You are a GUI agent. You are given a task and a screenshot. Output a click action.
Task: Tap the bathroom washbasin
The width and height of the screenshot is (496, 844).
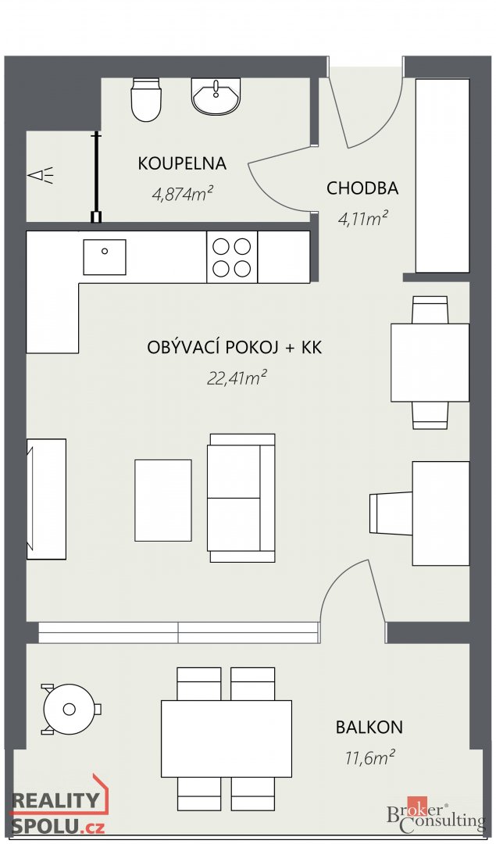click(216, 97)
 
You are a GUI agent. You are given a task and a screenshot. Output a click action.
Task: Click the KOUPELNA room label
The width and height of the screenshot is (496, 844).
click(182, 163)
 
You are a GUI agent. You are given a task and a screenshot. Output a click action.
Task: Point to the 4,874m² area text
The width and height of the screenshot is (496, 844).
click(183, 193)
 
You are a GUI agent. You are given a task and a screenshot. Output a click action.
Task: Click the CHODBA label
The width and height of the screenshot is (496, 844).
click(362, 188)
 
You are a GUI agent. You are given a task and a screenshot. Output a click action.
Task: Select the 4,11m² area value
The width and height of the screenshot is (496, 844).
click(363, 219)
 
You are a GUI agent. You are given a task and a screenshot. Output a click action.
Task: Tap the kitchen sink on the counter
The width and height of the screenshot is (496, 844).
click(104, 257)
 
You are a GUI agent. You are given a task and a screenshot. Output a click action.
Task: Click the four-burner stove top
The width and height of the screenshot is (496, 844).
click(232, 257)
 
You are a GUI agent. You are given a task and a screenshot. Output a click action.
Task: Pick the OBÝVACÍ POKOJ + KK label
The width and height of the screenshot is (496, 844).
click(234, 348)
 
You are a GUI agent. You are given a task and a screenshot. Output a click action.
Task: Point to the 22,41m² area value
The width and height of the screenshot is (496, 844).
click(237, 378)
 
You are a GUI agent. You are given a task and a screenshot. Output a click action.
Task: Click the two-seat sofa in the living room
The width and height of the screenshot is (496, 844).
click(241, 498)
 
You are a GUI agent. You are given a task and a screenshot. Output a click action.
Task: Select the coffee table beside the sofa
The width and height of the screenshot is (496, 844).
click(162, 500)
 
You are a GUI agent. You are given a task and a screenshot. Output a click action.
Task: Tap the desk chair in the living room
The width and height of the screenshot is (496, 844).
click(391, 513)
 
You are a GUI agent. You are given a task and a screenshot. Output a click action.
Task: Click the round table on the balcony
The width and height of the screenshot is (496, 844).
click(70, 709)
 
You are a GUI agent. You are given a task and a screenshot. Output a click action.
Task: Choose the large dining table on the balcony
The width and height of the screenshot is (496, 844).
click(226, 738)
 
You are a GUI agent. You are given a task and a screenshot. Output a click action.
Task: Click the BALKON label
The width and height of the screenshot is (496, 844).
click(369, 728)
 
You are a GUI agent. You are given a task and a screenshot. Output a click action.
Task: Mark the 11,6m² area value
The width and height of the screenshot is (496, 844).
click(369, 756)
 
